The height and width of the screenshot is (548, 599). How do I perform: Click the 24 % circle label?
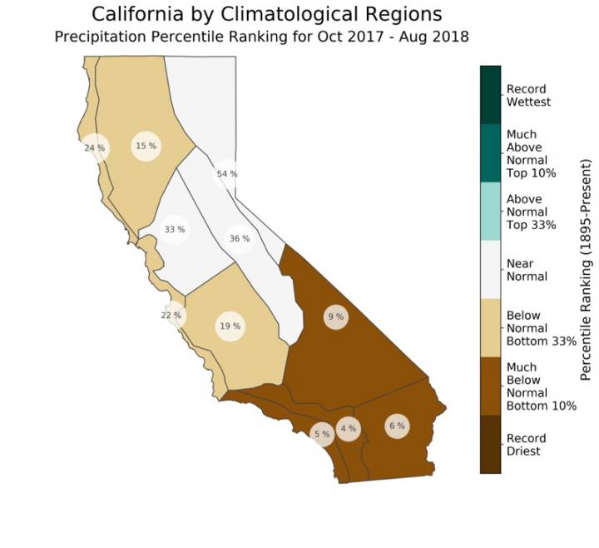click(95, 148)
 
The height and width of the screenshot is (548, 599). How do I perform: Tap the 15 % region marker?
click(146, 147)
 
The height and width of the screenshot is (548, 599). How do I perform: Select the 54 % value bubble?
click(226, 174)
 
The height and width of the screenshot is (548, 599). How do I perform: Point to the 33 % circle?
click(174, 229)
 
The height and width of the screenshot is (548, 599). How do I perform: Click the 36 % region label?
click(240, 239)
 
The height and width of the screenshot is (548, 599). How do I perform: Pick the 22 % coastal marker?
click(171, 315)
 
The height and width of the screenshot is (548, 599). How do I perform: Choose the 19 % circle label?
click(230, 326)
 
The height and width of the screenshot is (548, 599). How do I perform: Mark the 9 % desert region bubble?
click(335, 316)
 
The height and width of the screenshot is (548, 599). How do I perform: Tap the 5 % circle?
click(321, 434)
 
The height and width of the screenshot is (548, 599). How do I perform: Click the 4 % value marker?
click(348, 429)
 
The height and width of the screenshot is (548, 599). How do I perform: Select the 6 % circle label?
click(397, 426)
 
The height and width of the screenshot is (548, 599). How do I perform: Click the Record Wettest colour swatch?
click(490, 95)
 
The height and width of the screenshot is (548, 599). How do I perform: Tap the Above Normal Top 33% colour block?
click(490, 212)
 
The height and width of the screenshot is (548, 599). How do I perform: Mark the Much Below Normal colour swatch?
click(490, 386)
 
